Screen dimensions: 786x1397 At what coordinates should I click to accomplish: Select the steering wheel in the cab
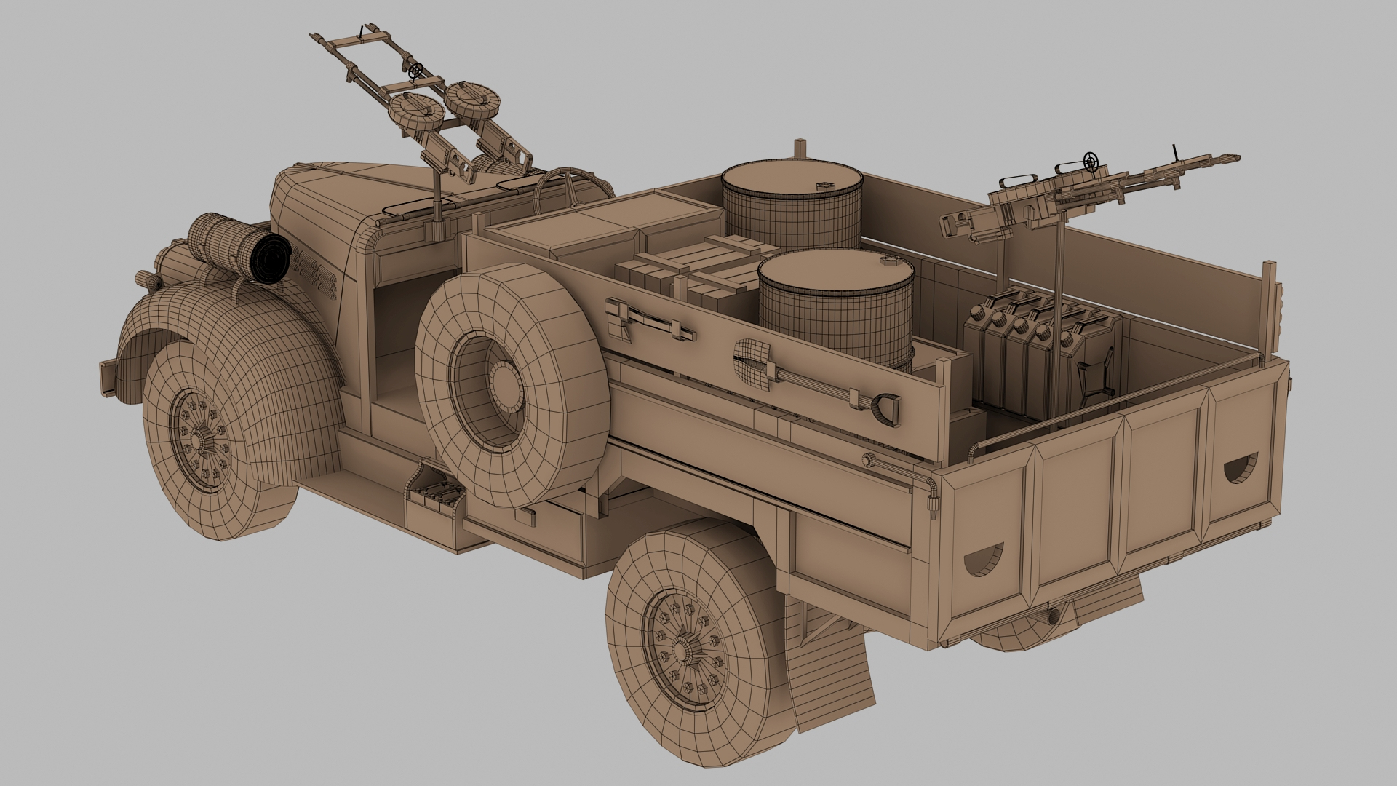(564, 186)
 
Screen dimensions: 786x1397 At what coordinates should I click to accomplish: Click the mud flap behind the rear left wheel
(829, 677)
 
